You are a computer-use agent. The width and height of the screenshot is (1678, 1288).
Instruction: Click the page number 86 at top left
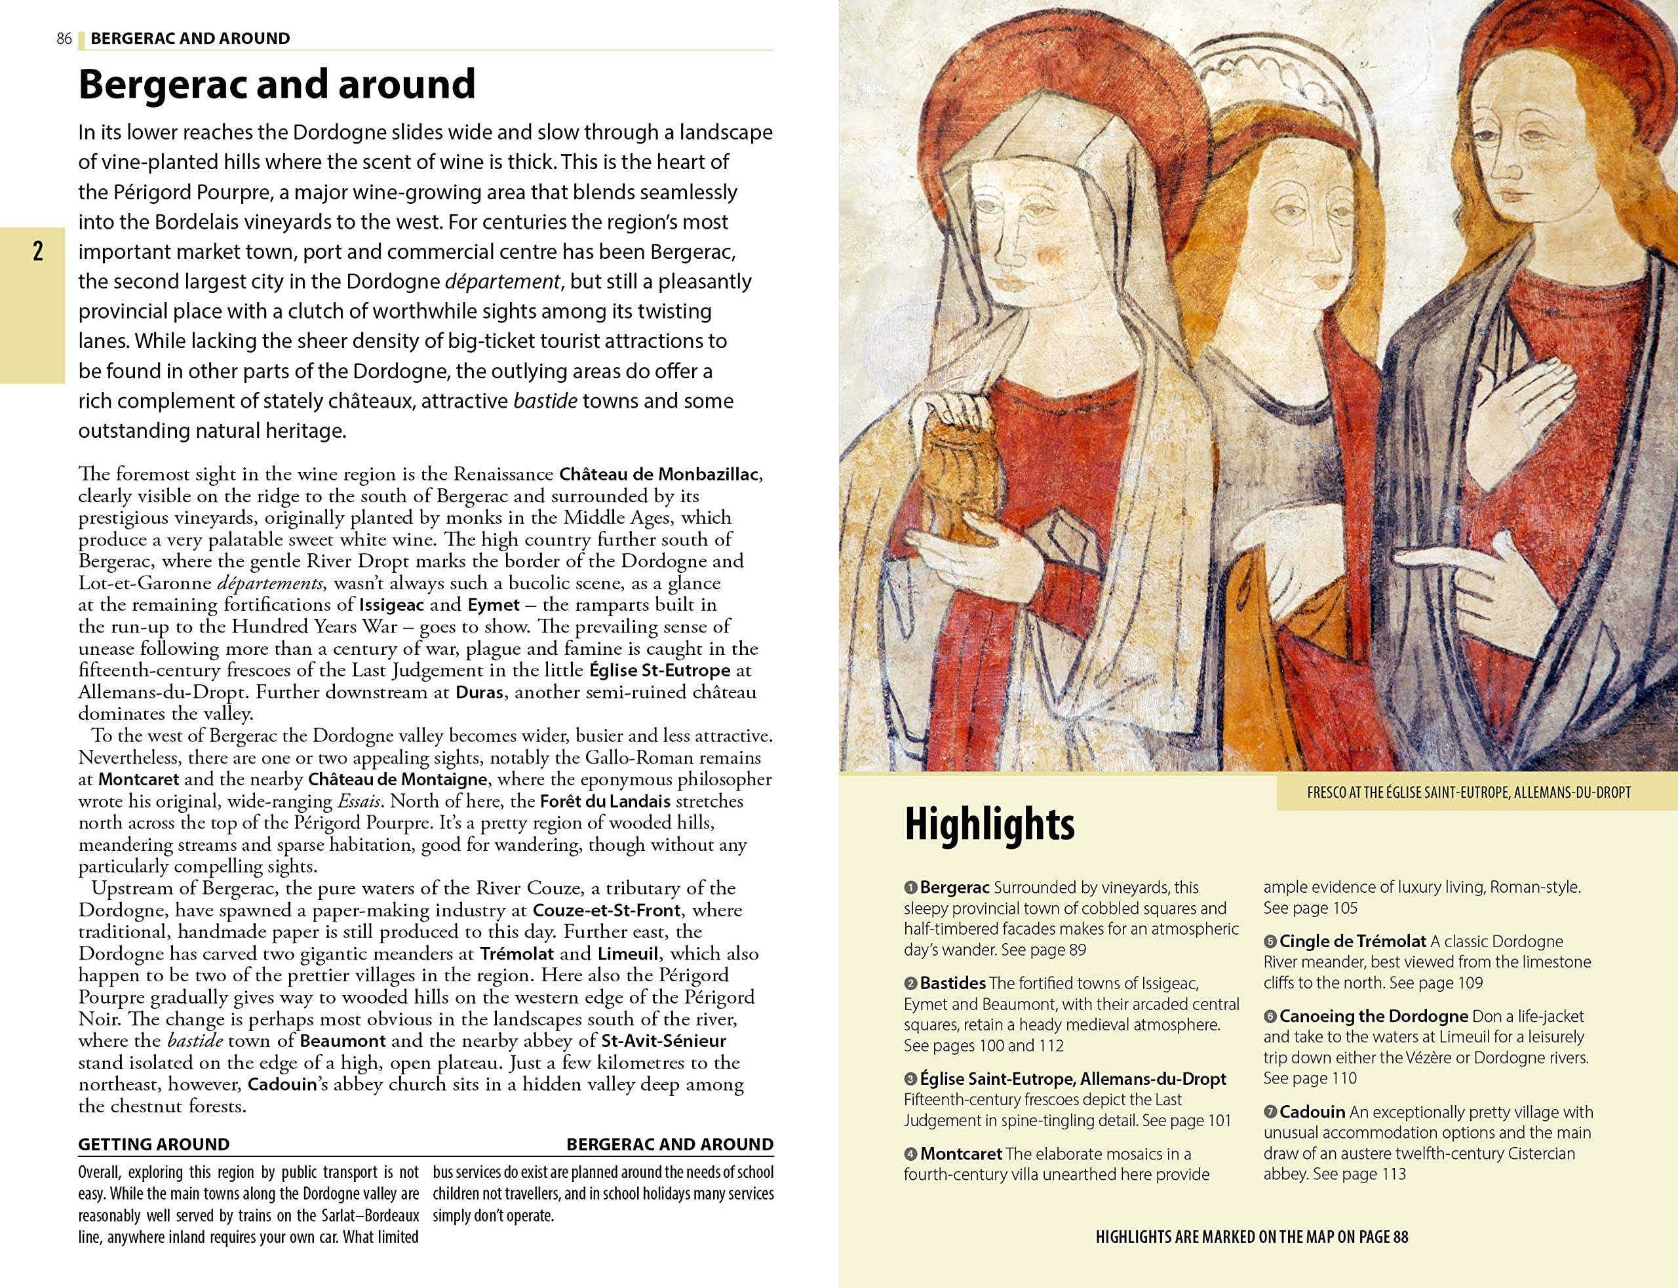point(64,38)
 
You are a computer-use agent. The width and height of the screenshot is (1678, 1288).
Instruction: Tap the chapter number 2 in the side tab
point(37,252)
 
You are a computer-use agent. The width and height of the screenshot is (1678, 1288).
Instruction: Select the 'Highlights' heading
point(989,824)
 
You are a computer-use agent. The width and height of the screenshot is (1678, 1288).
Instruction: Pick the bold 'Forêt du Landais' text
point(605,801)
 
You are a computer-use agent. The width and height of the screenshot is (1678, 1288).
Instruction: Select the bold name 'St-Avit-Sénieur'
point(664,1041)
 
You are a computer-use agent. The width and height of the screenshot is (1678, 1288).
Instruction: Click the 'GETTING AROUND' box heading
point(153,1144)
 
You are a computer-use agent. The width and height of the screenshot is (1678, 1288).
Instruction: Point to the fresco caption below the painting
point(1469,792)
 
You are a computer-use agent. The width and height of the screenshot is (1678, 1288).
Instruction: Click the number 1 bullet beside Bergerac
point(910,888)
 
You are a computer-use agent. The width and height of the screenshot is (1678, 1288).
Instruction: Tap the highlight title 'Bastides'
point(953,983)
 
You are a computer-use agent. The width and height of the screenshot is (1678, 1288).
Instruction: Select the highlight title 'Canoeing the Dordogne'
point(1373,1016)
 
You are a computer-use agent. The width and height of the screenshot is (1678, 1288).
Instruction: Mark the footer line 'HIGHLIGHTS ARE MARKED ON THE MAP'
point(1252,1237)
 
